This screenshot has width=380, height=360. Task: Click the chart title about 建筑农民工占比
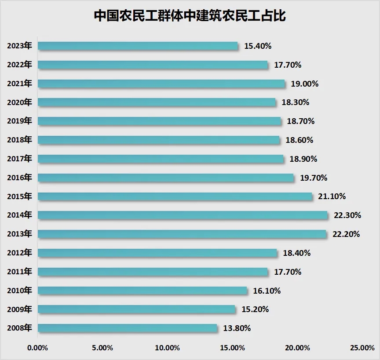(x=190, y=16)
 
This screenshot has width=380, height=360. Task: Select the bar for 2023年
(x=138, y=46)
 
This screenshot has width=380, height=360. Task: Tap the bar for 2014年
(x=183, y=215)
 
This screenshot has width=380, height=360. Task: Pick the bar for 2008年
(x=128, y=328)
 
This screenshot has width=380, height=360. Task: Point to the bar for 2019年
(x=159, y=121)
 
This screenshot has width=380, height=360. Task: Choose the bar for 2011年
(x=153, y=272)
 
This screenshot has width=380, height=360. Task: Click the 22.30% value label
(x=347, y=215)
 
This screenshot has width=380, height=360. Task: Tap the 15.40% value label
(x=257, y=46)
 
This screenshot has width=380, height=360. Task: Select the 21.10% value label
(x=332, y=196)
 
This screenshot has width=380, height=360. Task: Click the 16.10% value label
(x=267, y=291)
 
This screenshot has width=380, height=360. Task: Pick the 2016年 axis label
(x=19, y=178)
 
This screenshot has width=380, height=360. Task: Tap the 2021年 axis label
(x=19, y=84)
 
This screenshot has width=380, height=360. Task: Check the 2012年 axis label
(x=19, y=253)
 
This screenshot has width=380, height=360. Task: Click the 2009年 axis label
(x=19, y=309)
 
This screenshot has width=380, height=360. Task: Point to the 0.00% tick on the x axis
(x=37, y=348)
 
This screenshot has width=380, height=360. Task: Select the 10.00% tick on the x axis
(x=167, y=348)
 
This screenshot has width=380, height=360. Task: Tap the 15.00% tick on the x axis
(x=232, y=348)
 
